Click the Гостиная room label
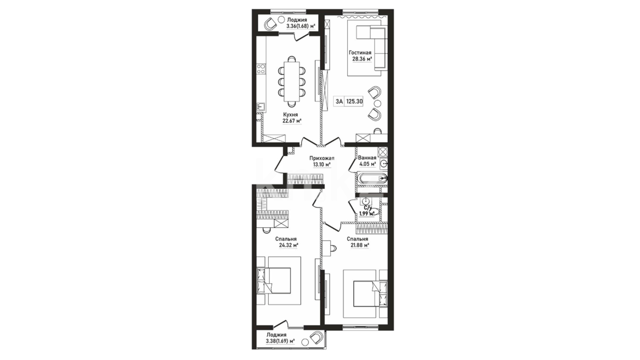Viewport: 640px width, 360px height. click(360, 53)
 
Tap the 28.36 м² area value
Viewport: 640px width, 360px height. click(362, 59)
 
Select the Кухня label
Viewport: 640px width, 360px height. click(290, 114)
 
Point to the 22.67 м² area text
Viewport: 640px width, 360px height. click(292, 121)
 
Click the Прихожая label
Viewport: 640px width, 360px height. click(322, 158)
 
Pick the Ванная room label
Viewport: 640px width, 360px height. click(367, 158)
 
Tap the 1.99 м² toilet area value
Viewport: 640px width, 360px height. click(367, 214)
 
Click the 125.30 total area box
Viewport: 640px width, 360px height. click(354, 102)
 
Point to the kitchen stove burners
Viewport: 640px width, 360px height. click(261, 69)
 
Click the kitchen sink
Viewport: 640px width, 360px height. click(261, 107)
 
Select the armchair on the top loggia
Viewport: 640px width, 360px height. click(270, 24)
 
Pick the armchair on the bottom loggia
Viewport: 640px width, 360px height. click(316, 338)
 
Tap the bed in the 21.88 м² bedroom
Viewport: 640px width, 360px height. click(370, 293)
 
